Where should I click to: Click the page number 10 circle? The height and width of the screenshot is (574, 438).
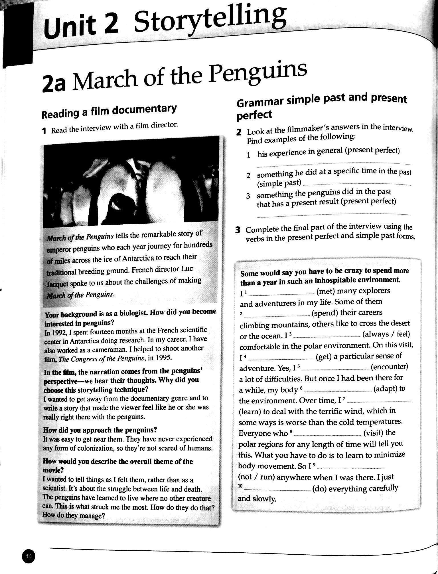click(x=29, y=556)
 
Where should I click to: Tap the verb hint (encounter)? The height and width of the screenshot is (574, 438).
click(x=389, y=367)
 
